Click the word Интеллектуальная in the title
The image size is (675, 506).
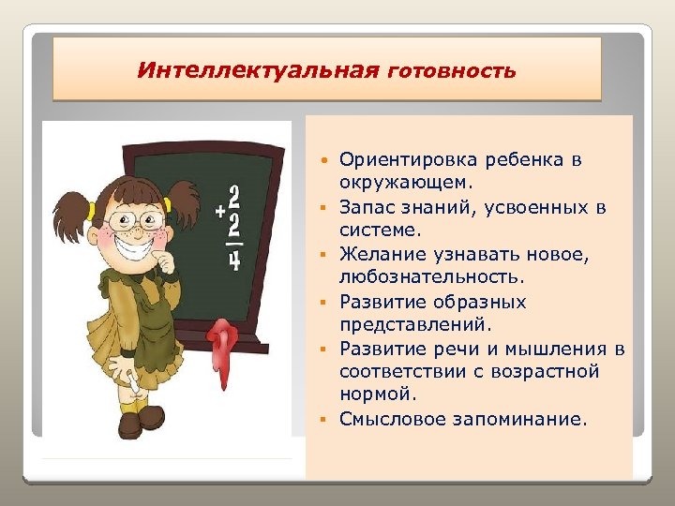coord(258,70)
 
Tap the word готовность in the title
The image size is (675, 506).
coord(450,71)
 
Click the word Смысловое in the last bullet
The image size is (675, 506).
coord(391,420)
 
